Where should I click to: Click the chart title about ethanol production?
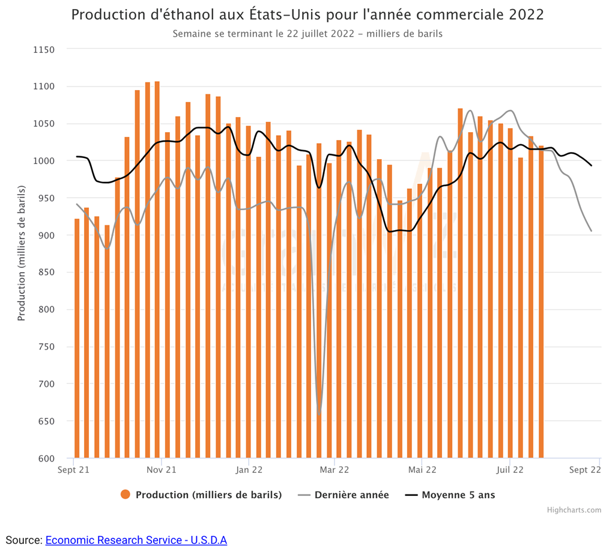pos(307,14)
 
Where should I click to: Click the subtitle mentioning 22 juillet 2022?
pos(307,34)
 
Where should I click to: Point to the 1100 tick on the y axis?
pos(43,87)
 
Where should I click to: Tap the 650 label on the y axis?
pos(46,421)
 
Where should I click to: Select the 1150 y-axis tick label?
pos(43,49)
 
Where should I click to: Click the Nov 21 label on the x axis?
pos(162,470)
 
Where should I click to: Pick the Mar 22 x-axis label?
pos(335,470)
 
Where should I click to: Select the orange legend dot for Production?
pos(126,495)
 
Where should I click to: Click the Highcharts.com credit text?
pos(574,510)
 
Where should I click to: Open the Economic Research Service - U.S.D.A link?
pos(136,540)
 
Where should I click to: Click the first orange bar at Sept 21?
pos(76,338)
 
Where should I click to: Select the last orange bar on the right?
pos(541,302)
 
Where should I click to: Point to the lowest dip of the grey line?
pos(319,413)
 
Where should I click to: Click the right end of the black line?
pos(592,166)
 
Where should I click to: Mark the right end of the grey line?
pos(592,231)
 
